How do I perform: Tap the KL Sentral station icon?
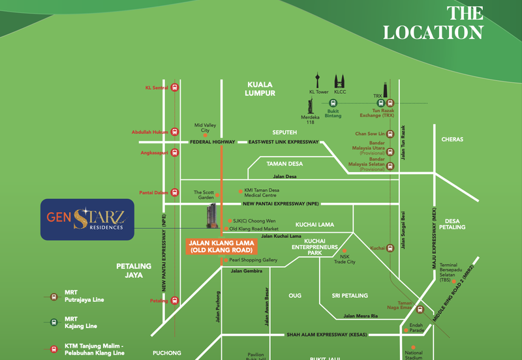pos(174,87)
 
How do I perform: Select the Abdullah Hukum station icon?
pos(174,131)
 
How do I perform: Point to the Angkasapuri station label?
pos(151,153)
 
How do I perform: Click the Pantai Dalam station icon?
pos(174,192)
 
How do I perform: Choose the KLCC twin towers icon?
pos(340,82)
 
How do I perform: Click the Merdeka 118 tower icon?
pos(310,105)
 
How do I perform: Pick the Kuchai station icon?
pos(390,248)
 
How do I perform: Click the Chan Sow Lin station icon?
pos(390,134)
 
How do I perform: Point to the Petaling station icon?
pos(174,301)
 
